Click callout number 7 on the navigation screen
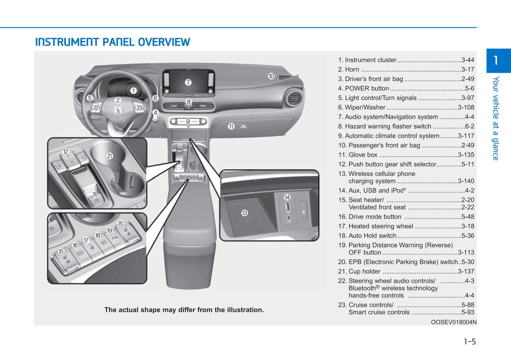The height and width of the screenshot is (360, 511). click(x=188, y=82)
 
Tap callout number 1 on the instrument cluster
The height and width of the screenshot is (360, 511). click(x=133, y=91)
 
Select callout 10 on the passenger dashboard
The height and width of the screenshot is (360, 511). click(x=271, y=76)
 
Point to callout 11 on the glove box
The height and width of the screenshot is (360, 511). click(x=231, y=126)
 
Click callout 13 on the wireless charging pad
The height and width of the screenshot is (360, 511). click(x=244, y=213)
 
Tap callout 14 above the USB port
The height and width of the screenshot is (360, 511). click(x=287, y=197)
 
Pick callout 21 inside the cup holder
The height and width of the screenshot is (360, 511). click(x=110, y=156)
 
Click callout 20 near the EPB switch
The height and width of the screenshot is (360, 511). click(x=95, y=194)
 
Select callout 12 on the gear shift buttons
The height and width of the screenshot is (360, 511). click(x=66, y=152)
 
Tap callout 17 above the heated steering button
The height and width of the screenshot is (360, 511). click(x=86, y=240)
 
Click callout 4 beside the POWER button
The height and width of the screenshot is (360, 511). click(x=155, y=112)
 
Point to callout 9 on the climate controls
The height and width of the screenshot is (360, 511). click(x=188, y=122)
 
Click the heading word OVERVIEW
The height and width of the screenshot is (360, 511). click(x=164, y=42)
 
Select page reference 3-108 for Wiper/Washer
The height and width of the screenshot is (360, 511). click(x=466, y=107)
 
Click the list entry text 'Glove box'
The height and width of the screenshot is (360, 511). click(x=363, y=155)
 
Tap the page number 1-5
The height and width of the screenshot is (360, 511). click(x=470, y=342)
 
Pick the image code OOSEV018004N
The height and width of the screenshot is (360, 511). click(x=453, y=322)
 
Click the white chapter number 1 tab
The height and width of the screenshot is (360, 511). click(x=496, y=60)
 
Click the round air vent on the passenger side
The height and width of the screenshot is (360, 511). click(x=294, y=99)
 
